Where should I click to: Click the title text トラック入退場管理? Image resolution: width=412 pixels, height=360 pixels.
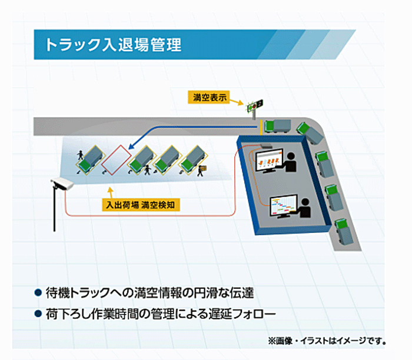pos(113,44)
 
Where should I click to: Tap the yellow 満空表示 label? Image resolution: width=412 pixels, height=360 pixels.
pos(208,98)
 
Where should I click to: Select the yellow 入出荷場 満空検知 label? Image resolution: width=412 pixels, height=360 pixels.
pos(141,205)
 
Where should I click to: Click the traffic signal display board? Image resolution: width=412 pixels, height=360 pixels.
pos(255,105)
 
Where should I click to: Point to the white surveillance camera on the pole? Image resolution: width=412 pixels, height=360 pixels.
pos(62,183)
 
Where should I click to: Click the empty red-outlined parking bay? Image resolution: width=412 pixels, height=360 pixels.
pos(117,160)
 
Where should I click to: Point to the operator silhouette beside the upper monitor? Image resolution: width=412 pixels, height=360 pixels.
pos(290,162)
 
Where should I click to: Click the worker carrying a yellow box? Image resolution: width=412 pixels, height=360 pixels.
pos(202,170)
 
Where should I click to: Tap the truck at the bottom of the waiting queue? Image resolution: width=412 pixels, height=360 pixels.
pos(343,231)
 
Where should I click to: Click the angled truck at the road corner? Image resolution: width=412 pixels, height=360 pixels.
pos(310,132)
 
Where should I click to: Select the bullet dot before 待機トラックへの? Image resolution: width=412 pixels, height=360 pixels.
pos(38,292)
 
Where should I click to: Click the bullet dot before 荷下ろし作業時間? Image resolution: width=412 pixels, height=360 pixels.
pos(38,314)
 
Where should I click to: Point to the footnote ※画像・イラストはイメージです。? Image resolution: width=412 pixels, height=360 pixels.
pos(327,341)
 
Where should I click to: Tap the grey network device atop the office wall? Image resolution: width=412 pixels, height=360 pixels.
pos(266,146)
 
